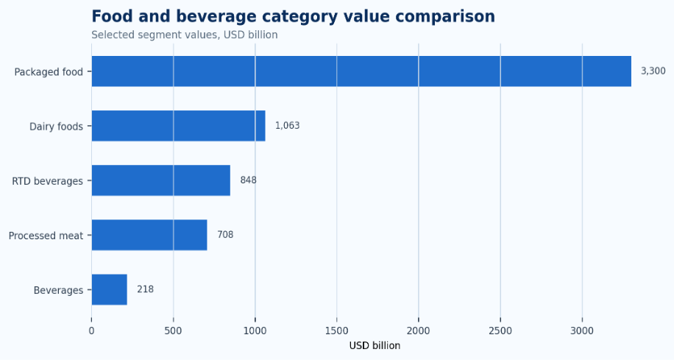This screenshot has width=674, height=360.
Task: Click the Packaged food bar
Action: click(x=361, y=71)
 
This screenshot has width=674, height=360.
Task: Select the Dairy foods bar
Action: click(x=178, y=126)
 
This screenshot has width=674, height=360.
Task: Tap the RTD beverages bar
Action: click(x=160, y=180)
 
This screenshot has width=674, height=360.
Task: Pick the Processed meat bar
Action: click(x=149, y=235)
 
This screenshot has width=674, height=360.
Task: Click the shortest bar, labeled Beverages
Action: click(x=109, y=289)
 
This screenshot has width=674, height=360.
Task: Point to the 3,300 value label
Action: click(x=653, y=71)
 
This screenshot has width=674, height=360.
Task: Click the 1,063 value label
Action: click(x=287, y=126)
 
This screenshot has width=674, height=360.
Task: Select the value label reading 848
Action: click(x=248, y=180)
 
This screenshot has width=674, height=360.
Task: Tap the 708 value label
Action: click(x=225, y=234)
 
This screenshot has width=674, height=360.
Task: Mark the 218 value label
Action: click(x=145, y=289)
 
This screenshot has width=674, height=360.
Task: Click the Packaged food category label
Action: click(x=49, y=72)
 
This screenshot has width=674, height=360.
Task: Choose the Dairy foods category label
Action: click(x=57, y=127)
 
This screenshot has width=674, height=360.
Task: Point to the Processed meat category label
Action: click(x=46, y=236)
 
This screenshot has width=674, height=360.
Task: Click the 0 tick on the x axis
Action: click(x=91, y=331)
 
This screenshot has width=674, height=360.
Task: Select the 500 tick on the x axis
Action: click(x=173, y=331)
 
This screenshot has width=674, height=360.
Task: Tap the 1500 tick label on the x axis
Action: click(x=336, y=331)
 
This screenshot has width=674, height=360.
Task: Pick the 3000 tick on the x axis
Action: click(x=582, y=331)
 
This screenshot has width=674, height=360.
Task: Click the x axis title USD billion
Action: click(x=375, y=346)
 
